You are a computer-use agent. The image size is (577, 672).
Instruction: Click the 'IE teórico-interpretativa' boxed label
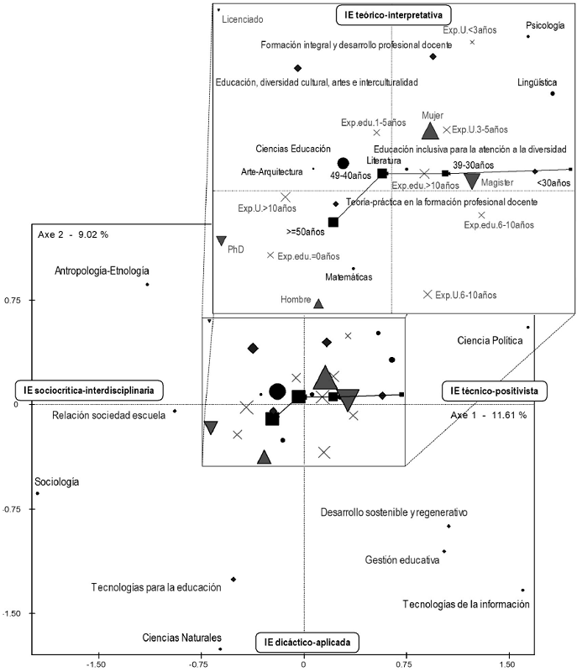click(x=393, y=15)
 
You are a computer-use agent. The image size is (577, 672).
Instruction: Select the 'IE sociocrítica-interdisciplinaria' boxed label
click(x=89, y=391)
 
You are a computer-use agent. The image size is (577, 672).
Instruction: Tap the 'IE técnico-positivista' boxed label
click(x=494, y=391)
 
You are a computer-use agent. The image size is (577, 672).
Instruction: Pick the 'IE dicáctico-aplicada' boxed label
click(x=307, y=642)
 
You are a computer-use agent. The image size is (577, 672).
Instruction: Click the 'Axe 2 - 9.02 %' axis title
click(x=73, y=234)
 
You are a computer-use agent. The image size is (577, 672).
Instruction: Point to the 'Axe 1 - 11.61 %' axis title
click(x=488, y=415)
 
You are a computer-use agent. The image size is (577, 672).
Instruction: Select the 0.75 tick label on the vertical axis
click(x=13, y=301)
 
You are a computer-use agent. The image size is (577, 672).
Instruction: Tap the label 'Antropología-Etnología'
click(x=102, y=270)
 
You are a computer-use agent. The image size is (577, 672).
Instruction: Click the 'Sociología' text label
click(x=57, y=481)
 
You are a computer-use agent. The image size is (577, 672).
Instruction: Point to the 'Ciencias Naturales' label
click(x=182, y=638)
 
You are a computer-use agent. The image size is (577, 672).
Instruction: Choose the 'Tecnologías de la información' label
click(x=466, y=604)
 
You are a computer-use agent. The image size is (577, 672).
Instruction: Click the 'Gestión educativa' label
click(x=402, y=559)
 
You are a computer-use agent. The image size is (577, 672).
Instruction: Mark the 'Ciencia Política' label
click(x=490, y=341)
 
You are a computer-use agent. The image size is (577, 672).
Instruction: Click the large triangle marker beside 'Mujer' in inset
click(x=430, y=132)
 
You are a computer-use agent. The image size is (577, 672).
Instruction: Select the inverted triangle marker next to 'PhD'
click(x=221, y=240)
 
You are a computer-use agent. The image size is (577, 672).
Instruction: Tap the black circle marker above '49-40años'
click(x=344, y=163)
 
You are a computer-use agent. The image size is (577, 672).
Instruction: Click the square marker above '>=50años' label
click(x=333, y=222)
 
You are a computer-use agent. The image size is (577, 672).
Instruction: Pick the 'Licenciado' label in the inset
click(x=243, y=19)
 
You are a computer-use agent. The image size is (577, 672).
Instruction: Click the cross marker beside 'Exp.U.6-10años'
click(x=428, y=295)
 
